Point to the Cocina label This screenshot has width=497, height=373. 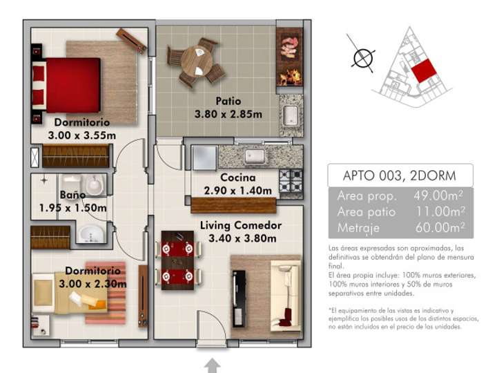click(x=238, y=178)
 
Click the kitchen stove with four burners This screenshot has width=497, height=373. click(x=292, y=180)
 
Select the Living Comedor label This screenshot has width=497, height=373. click(x=241, y=225)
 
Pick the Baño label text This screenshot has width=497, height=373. click(x=72, y=195)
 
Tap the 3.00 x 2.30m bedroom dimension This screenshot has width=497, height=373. click(x=96, y=283)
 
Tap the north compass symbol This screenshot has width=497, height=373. click(x=361, y=58)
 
